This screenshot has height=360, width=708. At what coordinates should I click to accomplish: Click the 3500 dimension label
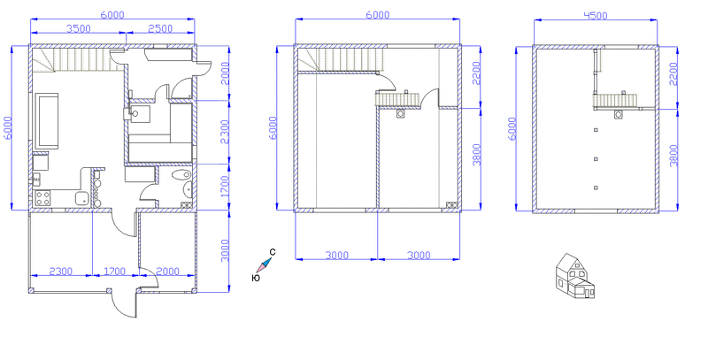click(x=79, y=28)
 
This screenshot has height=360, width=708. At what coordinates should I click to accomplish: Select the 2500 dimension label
click(x=160, y=28)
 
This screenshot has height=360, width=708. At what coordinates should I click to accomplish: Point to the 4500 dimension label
click(x=596, y=15)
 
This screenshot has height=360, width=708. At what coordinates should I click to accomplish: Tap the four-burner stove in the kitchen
click(x=42, y=198)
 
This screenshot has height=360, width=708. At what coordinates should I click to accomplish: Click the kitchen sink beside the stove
click(x=82, y=198)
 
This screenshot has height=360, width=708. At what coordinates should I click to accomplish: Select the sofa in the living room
click(x=48, y=120)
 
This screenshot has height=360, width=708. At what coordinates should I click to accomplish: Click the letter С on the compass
click(x=273, y=252)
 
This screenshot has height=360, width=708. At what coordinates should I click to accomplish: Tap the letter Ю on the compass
click(x=256, y=278)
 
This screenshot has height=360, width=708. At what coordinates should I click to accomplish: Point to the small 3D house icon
click(x=574, y=276)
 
